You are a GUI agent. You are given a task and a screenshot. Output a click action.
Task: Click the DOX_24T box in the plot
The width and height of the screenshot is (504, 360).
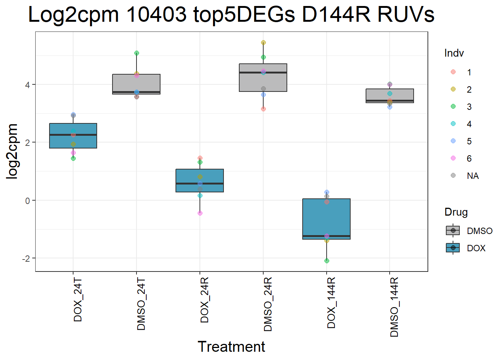73,136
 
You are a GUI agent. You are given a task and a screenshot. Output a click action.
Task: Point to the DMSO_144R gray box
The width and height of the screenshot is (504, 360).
390,96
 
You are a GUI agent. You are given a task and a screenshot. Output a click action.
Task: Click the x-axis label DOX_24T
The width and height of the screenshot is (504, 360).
78,300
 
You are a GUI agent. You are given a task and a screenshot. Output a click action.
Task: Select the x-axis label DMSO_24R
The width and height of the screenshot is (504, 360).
268,304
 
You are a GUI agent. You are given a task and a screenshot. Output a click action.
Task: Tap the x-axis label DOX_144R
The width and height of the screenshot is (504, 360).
331,303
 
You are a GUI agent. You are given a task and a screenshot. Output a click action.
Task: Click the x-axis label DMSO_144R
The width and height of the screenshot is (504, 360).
394,307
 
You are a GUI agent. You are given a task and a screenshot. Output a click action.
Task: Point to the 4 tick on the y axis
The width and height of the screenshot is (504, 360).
27,85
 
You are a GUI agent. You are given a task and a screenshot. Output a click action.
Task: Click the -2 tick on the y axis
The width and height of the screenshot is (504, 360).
26,259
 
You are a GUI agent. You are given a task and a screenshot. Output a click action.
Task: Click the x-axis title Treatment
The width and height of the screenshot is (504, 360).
231,346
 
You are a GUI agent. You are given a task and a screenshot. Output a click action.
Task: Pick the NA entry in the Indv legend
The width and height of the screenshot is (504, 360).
472,176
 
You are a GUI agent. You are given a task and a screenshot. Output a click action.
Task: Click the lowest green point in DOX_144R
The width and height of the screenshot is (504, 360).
327,261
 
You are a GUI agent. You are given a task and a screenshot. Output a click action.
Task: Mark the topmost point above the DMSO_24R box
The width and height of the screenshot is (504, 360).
263,43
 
